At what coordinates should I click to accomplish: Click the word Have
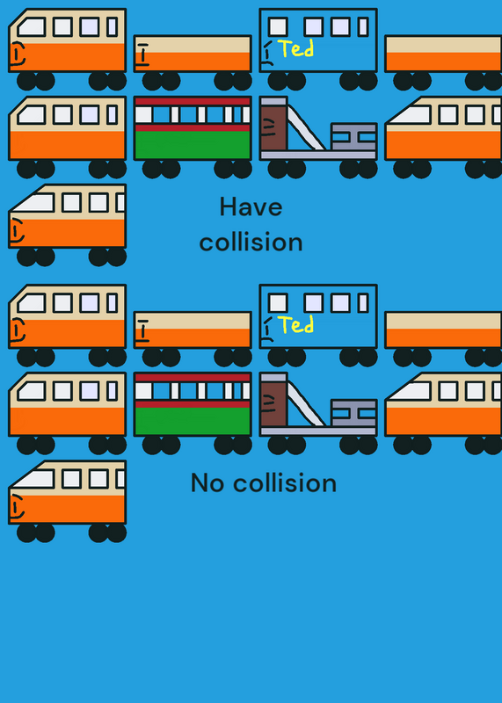click(251, 207)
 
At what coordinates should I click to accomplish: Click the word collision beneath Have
click(251, 243)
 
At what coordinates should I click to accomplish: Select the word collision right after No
click(285, 483)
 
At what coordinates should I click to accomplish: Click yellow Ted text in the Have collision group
click(296, 48)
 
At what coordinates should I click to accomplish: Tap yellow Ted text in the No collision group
click(296, 324)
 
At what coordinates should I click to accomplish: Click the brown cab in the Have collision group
click(273, 127)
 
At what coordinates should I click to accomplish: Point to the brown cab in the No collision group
click(273, 404)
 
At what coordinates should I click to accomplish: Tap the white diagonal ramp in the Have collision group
click(306, 128)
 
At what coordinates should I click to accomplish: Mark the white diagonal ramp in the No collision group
click(306, 404)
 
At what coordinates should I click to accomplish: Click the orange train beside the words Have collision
click(68, 224)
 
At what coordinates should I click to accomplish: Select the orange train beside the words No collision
click(68, 500)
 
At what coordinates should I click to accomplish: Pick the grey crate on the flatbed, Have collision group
click(353, 137)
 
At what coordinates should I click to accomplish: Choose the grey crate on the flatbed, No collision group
click(353, 413)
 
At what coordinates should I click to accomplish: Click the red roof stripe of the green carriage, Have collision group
click(193, 101)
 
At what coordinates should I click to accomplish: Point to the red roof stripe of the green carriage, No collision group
click(193, 378)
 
